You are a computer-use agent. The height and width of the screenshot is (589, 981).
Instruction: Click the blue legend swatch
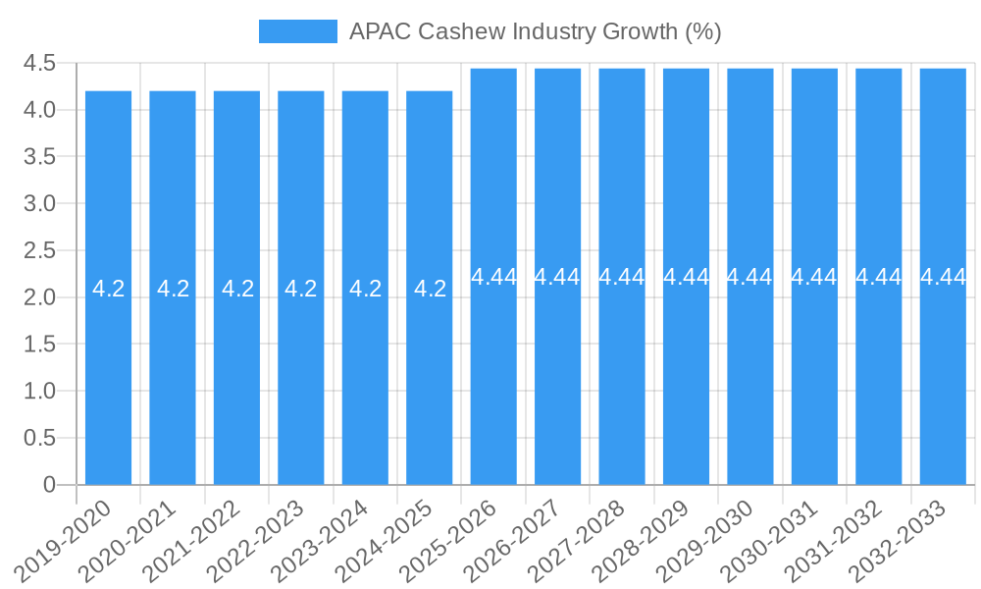coord(297,31)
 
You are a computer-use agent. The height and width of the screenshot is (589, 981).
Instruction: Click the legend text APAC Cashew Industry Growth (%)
coord(535,31)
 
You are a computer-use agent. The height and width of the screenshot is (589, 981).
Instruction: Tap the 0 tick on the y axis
coord(50,485)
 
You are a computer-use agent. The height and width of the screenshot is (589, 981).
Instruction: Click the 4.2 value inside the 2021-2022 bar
coord(237,289)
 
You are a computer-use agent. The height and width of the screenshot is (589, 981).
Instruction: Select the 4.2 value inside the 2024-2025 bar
coord(430,289)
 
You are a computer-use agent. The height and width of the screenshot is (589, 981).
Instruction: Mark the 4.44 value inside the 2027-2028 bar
coord(622,277)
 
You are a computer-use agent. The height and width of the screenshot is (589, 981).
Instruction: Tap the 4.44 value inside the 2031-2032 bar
coord(878,277)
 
